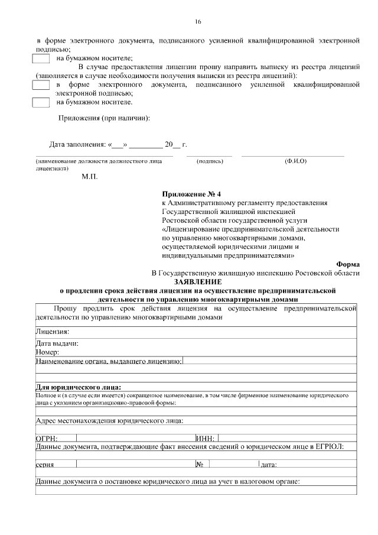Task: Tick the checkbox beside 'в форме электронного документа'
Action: pos(41,85)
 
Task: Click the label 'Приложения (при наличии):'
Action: pos(104,118)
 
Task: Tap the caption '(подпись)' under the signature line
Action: pos(209,161)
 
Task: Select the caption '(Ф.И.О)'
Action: pos(295,161)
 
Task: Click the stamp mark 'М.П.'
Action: pos(90,176)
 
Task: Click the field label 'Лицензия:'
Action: pos(53,332)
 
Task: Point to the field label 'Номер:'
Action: pos(47,352)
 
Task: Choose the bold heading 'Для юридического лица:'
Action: pos(79,387)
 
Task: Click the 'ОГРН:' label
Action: pos(46,438)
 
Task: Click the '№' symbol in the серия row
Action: pos(200,464)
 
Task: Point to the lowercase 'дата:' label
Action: pos(269,465)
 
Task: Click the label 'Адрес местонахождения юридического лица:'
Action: pos(109,421)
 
